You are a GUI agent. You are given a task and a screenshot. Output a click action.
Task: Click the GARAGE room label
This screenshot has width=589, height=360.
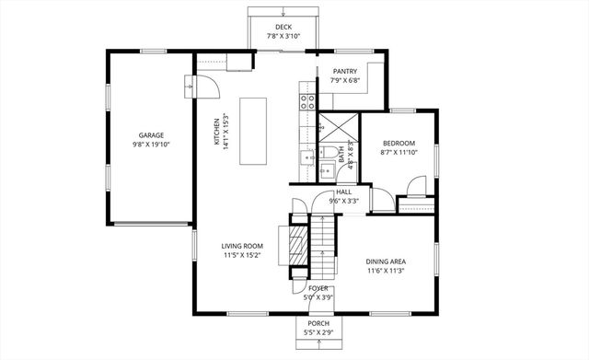[x=152, y=135]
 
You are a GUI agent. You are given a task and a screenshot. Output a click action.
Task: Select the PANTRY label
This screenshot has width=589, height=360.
[x=344, y=71]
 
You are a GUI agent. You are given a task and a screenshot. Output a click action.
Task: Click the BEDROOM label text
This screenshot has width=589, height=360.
[x=398, y=143]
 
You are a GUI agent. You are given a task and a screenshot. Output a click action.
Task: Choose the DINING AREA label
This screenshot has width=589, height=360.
[x=387, y=261]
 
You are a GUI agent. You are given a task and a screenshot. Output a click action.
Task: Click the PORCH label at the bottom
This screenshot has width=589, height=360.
[x=318, y=324]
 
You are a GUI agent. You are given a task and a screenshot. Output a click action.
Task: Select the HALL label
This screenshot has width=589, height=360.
[x=343, y=192]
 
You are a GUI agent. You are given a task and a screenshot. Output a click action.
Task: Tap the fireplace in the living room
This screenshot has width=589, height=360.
[x=295, y=246]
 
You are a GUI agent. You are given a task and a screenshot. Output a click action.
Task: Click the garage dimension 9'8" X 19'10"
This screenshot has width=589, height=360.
[x=152, y=145]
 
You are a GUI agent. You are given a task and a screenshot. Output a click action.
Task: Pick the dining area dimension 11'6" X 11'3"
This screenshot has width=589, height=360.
[x=387, y=271]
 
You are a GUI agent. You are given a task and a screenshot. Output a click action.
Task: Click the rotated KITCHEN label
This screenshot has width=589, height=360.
[x=217, y=132]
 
